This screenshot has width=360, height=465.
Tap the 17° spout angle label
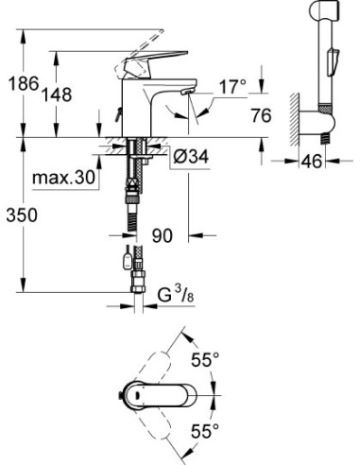pyautogui.click(x=231, y=88)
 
